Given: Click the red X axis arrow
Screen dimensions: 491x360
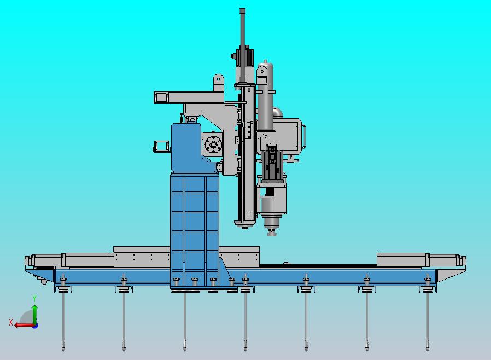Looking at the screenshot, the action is [x=25, y=325].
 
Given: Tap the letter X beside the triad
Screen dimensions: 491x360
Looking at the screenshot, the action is [x=11, y=322].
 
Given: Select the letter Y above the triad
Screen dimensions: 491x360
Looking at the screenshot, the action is [x=34, y=298].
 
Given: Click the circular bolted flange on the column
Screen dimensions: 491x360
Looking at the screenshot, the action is [x=214, y=145].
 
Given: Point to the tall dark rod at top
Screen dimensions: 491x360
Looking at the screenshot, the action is [x=242, y=44].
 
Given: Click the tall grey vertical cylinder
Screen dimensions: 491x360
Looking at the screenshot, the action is [x=265, y=96].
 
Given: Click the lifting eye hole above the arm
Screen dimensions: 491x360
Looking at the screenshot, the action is [x=219, y=79].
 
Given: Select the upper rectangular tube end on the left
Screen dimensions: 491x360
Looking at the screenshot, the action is [x=161, y=97].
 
